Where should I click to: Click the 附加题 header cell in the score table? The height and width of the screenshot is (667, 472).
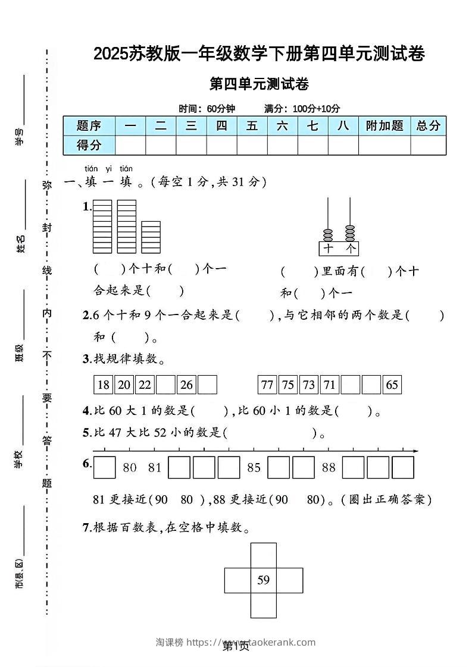pos(385,125)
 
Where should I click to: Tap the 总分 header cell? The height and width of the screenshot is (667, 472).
pos(428,125)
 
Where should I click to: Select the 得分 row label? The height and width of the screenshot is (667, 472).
pos(89,144)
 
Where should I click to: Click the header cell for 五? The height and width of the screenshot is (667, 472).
pos(252,125)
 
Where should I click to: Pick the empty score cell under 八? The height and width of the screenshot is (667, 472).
pos(343,144)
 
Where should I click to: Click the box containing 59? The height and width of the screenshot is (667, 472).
pos(264,580)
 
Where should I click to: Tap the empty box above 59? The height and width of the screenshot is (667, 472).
pos(264,555)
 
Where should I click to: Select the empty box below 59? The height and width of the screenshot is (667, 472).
pos(264,605)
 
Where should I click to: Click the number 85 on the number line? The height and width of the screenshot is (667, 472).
pos(254,468)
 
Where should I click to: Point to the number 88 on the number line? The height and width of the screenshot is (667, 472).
pos(329,468)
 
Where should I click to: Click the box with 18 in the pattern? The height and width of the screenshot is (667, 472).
pos(104,385)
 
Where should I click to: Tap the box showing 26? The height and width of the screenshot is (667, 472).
pos(186,385)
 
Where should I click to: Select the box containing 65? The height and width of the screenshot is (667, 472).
pos(392,385)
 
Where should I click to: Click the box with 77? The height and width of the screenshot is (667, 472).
pos(267,385)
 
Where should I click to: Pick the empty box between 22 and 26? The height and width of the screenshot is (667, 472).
pos(165,385)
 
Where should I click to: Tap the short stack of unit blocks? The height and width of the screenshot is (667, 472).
pos(151,237)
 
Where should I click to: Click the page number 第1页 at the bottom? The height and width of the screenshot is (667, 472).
pos(236,646)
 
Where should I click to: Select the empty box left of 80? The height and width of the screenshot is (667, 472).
pos(105,468)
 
